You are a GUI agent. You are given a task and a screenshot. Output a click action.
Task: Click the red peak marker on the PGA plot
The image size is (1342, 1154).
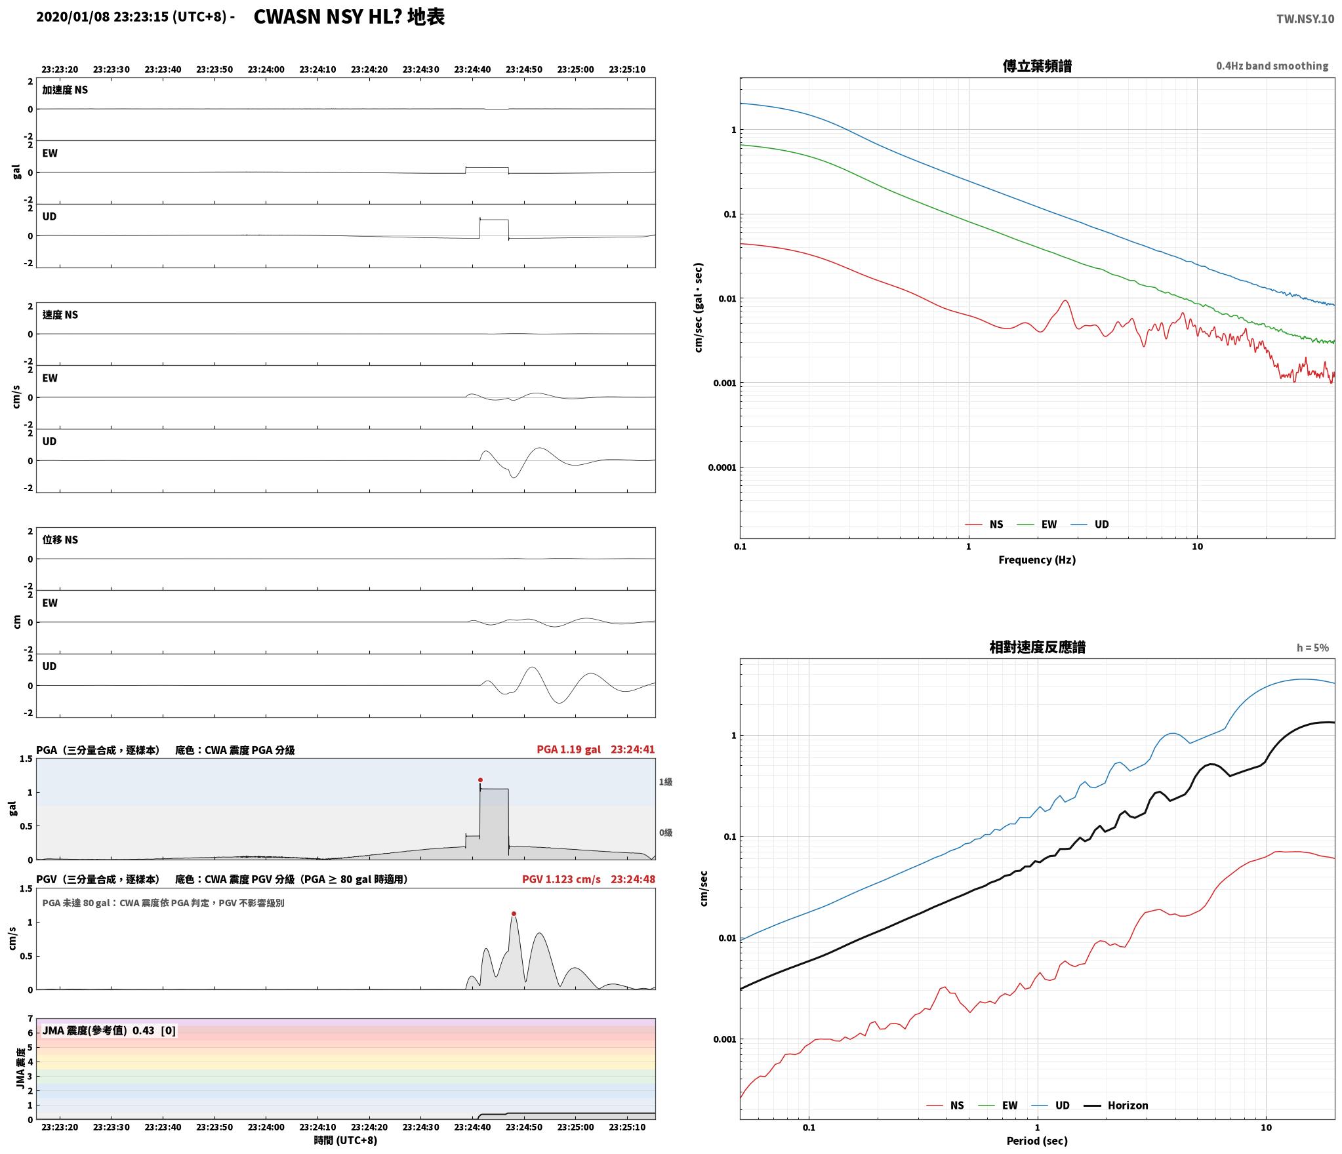tap(480, 780)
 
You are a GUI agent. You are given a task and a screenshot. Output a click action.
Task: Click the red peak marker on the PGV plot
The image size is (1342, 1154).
tap(514, 914)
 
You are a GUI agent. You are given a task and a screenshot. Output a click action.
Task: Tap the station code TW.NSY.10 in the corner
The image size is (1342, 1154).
tap(1305, 19)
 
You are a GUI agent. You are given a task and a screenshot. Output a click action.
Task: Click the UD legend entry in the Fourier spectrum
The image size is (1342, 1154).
tap(1089, 525)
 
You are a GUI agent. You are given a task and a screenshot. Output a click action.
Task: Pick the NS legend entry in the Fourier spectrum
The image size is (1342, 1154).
tap(984, 525)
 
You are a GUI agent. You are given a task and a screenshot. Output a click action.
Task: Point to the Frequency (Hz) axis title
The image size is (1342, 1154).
tap(1037, 560)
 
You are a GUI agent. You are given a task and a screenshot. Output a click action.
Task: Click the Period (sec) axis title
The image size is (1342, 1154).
tap(1037, 1141)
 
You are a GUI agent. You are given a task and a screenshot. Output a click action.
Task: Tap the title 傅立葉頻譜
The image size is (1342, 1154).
tap(1037, 66)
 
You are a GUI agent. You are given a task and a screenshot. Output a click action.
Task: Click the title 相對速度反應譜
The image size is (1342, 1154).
tap(1037, 647)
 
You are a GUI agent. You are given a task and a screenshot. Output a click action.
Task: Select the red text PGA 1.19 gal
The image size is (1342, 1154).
tap(569, 749)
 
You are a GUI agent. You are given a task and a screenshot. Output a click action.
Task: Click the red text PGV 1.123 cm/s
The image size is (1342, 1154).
tap(561, 879)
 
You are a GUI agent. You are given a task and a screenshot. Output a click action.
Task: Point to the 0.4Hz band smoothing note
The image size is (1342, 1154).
tap(1272, 66)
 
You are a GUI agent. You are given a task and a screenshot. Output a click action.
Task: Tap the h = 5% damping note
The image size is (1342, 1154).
tap(1312, 648)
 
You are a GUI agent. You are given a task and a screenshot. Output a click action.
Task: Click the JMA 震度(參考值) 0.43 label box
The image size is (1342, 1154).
tap(109, 1031)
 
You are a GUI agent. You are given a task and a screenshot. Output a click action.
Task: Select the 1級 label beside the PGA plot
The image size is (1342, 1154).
tap(666, 782)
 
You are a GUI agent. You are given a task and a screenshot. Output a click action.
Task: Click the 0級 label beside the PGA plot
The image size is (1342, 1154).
tap(666, 833)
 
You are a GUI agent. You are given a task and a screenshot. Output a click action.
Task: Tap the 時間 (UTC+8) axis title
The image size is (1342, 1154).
tap(346, 1140)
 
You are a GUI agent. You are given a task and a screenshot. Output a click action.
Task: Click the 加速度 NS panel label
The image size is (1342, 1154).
tap(65, 90)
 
